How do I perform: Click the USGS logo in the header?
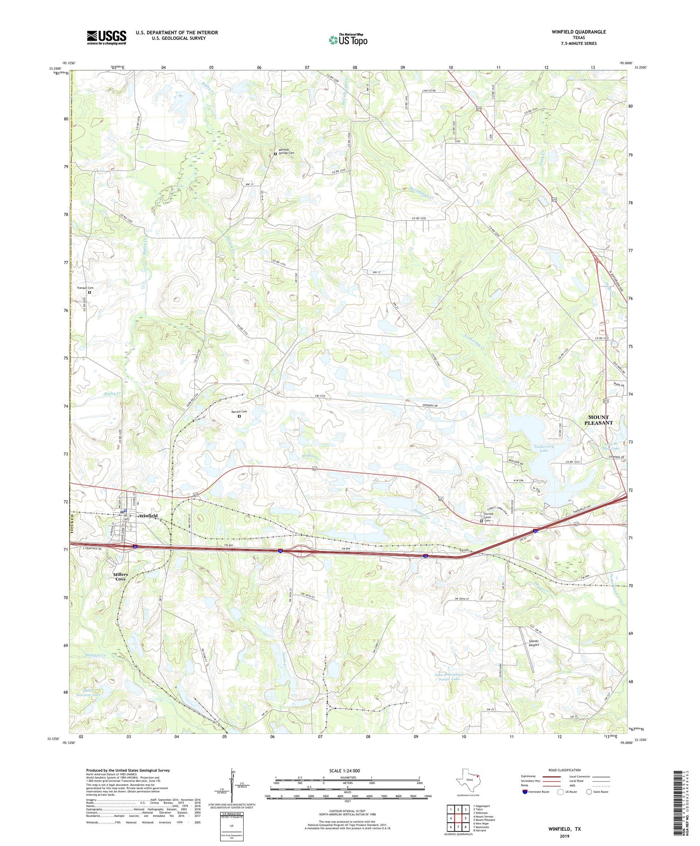[x=106, y=37]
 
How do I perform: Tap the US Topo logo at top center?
[x=348, y=40]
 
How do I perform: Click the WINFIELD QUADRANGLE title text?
[x=579, y=32]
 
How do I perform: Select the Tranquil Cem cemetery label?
[x=85, y=288]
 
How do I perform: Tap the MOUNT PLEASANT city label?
[x=598, y=420]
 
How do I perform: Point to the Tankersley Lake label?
[x=544, y=448]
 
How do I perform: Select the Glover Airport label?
[x=534, y=643]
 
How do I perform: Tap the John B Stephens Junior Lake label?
[x=448, y=677]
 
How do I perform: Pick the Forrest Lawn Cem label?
[x=488, y=517]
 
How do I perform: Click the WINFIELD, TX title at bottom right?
[x=564, y=829]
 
